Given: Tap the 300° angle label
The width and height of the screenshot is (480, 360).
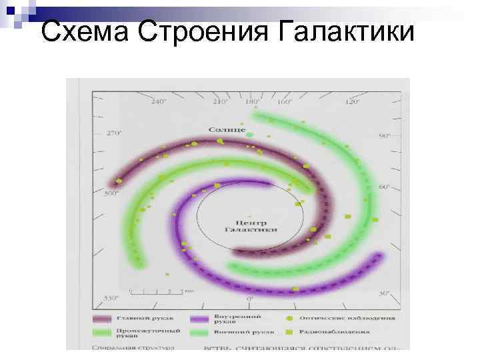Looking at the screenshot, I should [111, 193].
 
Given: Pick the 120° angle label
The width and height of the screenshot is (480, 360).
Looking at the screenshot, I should [352, 103].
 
